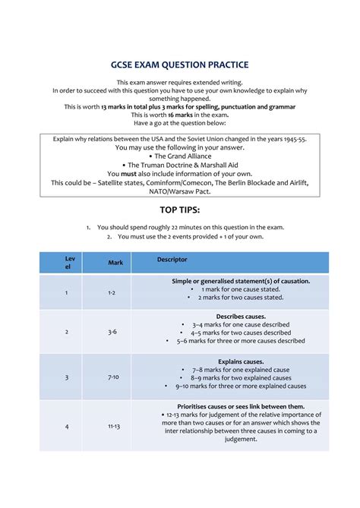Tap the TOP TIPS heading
point(180,209)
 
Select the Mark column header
point(115,263)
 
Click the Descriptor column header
point(172,260)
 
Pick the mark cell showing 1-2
point(112,292)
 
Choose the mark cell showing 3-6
point(112,332)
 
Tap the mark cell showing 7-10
point(113,377)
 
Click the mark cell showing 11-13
point(114,426)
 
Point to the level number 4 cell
point(67,426)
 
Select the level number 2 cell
point(67,332)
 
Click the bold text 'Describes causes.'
point(241,316)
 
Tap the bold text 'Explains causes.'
point(241,361)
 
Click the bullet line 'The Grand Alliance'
point(179,156)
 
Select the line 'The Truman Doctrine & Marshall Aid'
point(179,165)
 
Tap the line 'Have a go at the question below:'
point(180,123)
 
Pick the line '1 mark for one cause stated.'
point(241,289)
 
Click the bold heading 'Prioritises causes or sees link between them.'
point(241,406)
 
